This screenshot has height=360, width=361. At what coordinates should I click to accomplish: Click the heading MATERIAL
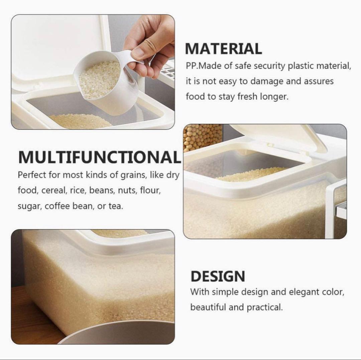(223, 48)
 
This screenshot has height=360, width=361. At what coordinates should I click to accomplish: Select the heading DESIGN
(218, 276)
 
